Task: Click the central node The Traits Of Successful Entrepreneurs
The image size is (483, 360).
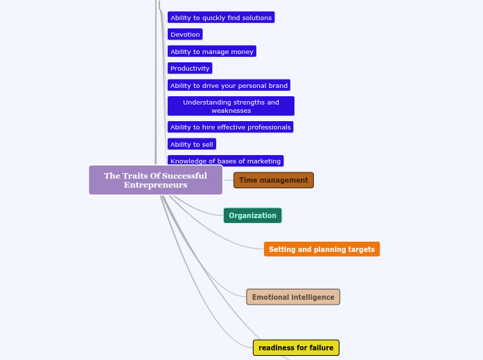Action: pos(155,180)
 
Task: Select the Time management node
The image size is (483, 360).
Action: pos(273,181)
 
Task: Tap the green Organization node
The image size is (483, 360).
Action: pos(252,215)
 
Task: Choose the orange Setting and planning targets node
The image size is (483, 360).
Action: pos(322,249)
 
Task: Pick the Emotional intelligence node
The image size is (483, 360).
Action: pos(292,297)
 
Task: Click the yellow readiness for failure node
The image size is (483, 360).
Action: pos(296,348)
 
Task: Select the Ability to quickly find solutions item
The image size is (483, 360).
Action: pos(221,17)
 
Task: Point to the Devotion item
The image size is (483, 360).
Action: pos(185,34)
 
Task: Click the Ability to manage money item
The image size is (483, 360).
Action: pos(211,51)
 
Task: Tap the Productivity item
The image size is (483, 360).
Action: pos(190,68)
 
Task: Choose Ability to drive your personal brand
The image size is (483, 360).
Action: pos(229,85)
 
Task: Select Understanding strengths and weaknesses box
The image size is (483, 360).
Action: pos(231,106)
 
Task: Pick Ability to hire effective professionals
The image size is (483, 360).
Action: pos(230,127)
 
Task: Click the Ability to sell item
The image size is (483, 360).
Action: pos(192,144)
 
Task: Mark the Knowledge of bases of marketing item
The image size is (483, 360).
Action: pos(225,161)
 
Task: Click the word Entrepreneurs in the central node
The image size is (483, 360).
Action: pos(155,186)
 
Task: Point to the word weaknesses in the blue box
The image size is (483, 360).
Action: pos(231,111)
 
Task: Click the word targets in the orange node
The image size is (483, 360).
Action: pos(359,249)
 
